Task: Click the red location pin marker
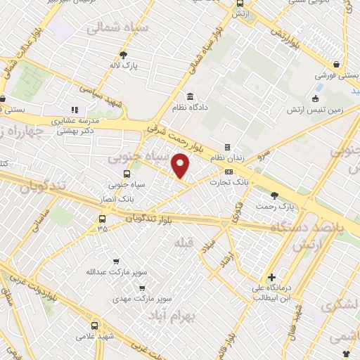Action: [x=181, y=165]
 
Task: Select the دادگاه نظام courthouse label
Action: [x=189, y=108]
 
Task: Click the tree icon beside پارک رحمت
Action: [x=274, y=195]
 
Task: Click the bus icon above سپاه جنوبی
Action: [x=127, y=174]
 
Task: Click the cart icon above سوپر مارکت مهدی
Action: [x=142, y=287]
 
